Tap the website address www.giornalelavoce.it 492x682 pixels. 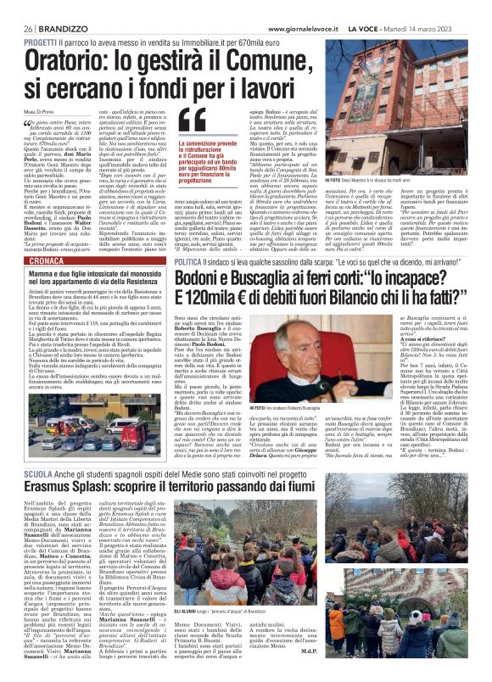pos(305,29)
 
